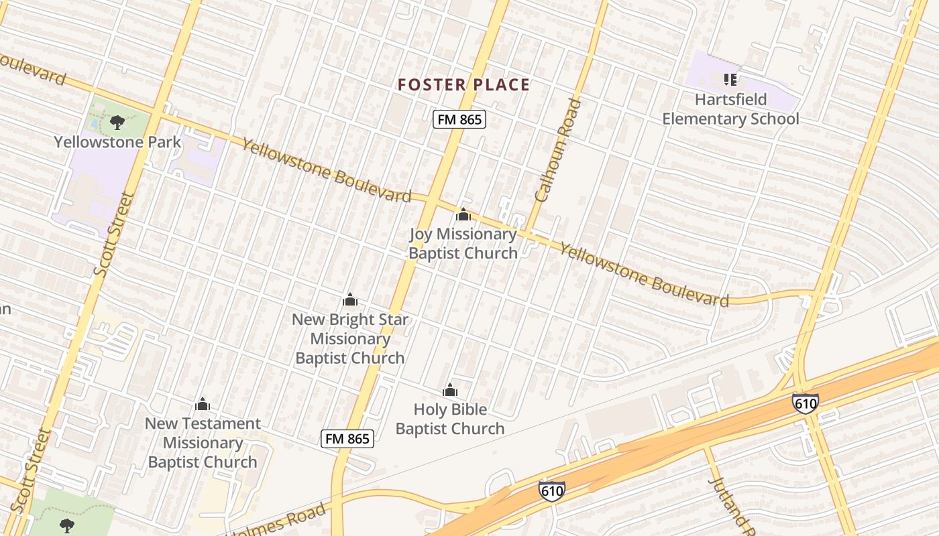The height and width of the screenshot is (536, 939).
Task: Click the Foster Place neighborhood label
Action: coord(463,85)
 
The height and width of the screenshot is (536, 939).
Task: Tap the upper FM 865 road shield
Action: coord(459,120)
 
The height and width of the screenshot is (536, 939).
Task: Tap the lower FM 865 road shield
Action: coord(347,439)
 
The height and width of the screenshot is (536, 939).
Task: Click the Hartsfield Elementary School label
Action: coord(730,109)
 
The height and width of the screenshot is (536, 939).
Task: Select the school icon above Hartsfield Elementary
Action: coord(730,80)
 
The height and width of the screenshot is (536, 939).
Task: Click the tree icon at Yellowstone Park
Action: coord(117,122)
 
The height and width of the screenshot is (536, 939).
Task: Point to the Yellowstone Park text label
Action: coord(117,142)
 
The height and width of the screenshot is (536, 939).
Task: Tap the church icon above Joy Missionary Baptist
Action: coord(463,215)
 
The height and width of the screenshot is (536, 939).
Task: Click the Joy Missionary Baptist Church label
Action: coord(463,243)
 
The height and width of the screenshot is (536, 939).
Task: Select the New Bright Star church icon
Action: coord(349,299)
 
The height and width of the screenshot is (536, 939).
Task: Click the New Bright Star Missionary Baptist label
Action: coord(349,338)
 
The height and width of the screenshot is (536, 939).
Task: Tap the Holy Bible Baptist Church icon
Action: coord(449,390)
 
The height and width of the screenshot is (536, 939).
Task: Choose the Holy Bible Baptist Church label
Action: coord(449,419)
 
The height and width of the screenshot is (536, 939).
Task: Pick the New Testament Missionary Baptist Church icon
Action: coord(203,404)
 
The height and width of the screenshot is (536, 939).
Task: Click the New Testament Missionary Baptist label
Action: coord(203,442)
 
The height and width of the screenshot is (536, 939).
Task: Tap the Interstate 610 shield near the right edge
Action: coord(805,403)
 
